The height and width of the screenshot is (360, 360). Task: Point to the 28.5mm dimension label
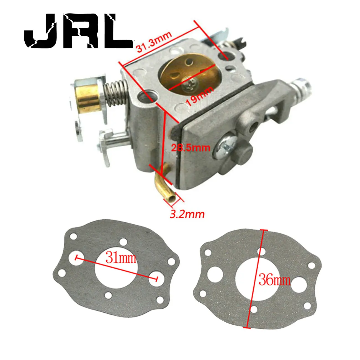click(190, 147)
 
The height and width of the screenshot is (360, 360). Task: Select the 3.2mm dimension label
click(187, 214)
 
